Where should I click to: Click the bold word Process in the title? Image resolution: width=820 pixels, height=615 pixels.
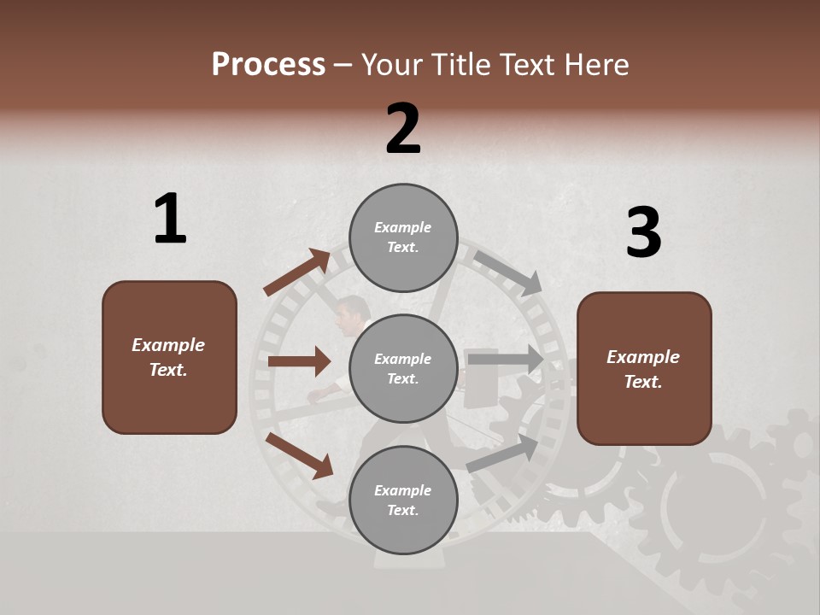tap(268, 65)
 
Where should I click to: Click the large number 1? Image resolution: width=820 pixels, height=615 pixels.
tap(170, 219)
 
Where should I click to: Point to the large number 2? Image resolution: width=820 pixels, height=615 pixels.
tap(403, 129)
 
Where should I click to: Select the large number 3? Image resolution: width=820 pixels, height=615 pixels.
tap(643, 232)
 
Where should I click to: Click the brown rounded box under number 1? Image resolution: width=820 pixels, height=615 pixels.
tap(169, 357)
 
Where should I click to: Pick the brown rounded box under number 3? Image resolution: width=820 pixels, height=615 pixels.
tap(644, 369)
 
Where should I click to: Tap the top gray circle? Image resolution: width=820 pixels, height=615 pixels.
tap(403, 237)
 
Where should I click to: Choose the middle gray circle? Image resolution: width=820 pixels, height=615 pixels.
tap(403, 369)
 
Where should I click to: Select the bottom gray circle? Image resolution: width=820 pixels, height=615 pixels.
tap(403, 501)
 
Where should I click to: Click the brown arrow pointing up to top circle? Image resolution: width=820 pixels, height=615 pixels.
tap(298, 272)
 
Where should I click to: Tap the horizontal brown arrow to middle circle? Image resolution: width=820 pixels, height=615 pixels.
tap(299, 361)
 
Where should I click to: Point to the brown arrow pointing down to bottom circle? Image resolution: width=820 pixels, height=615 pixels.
tap(300, 455)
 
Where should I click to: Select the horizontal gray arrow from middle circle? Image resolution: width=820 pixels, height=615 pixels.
tap(505, 359)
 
